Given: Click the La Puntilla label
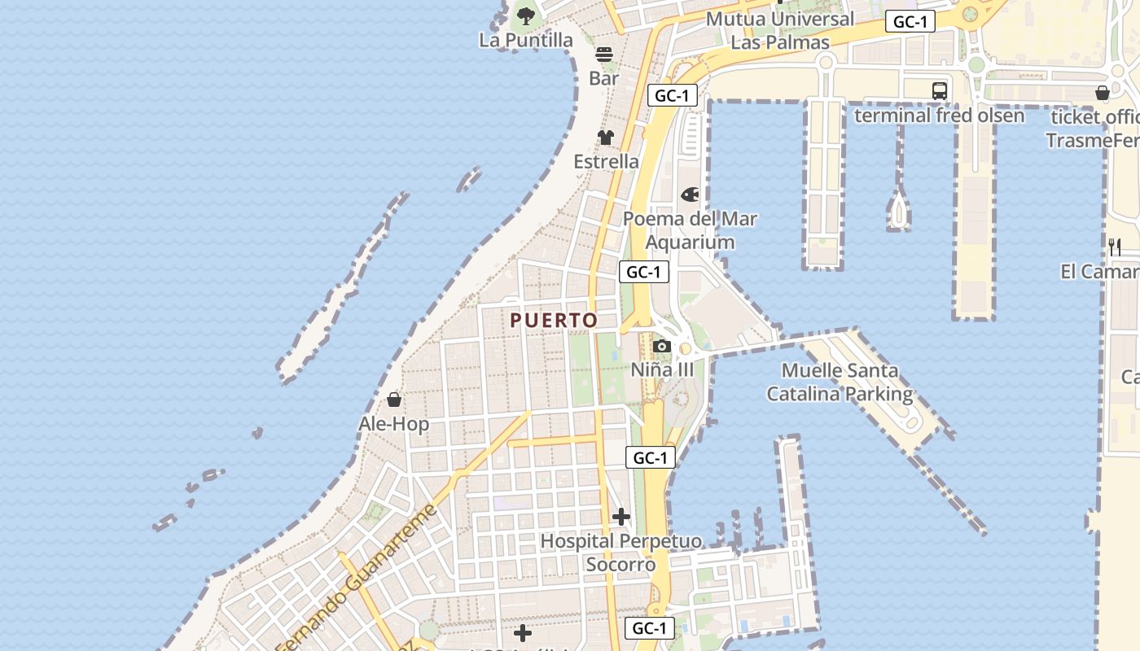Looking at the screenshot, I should tap(526, 40).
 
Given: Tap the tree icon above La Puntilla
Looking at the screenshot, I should tap(526, 15).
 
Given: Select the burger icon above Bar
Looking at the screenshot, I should tap(604, 55).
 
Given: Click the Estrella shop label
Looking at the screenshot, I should tap(606, 161).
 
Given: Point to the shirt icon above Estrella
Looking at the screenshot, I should tap(606, 137).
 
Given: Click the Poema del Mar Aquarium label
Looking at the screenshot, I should tap(690, 230).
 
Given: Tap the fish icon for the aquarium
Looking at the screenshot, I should tap(690, 194).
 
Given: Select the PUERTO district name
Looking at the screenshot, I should tap(554, 321).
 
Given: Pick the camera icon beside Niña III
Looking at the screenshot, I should tap(661, 347).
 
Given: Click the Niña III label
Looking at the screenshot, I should tap(662, 370).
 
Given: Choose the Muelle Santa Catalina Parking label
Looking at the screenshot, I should tap(840, 382).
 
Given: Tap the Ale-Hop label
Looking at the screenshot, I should tap(394, 424).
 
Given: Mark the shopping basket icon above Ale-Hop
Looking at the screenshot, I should tap(394, 400).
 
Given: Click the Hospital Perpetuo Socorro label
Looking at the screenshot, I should tap(620, 553).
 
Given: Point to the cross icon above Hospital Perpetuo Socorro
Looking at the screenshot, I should tap(621, 517).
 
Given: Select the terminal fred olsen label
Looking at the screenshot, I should tap(939, 116).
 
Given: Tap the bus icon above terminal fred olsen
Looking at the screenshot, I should tap(939, 90).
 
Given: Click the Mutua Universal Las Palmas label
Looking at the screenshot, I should tap(780, 30).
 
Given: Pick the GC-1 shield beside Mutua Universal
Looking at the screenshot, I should tap(910, 22).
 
